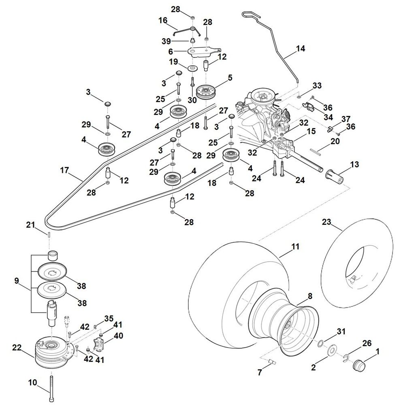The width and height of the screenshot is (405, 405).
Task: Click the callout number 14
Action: click(x=300, y=49)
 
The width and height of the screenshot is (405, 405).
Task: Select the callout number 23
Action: click(x=326, y=222)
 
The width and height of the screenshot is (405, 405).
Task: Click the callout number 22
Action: click(x=17, y=348)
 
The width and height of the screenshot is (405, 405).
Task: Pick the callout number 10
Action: click(x=33, y=382)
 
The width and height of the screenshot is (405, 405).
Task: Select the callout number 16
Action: click(x=163, y=20)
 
